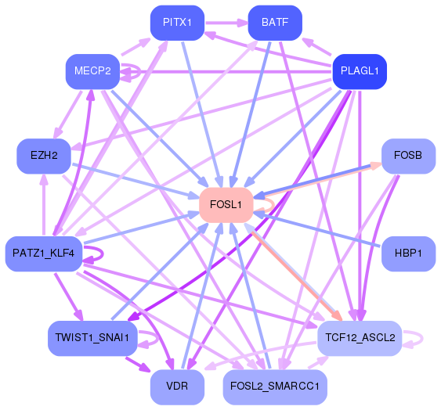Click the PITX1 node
pyautogui.click(x=177, y=22)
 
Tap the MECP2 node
pyautogui.click(x=92, y=70)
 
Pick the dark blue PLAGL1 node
pyautogui.click(x=360, y=71)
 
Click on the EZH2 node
pyautogui.click(x=45, y=156)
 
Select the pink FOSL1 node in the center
pyautogui.click(x=226, y=205)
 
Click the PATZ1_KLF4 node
pyautogui.click(x=44, y=254)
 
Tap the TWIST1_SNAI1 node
pyautogui.click(x=92, y=337)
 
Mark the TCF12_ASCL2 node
pyautogui.click(x=360, y=337)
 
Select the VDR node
pyautogui.click(x=177, y=386)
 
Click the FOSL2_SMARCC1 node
pyautogui.click(x=275, y=386)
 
